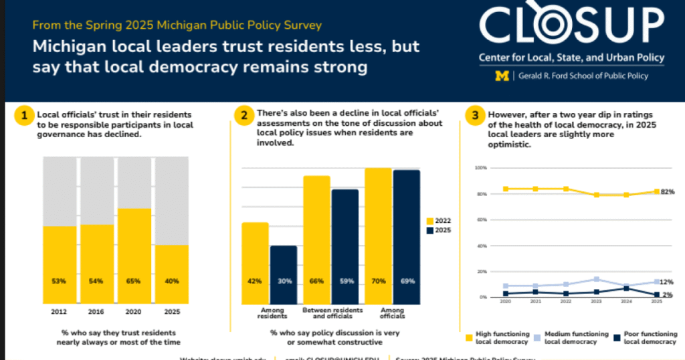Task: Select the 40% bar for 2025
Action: point(172,274)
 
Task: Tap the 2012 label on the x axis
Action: point(59,311)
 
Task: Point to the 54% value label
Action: point(96,281)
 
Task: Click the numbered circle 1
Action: point(23,116)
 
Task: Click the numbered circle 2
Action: point(242,116)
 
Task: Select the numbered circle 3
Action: point(475,116)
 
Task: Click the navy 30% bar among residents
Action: point(284,274)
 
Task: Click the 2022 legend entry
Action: point(438,221)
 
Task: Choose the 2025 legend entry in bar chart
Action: point(438,230)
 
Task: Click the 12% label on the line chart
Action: point(667,282)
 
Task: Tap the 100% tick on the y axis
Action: point(480,167)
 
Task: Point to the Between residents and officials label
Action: point(332,312)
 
